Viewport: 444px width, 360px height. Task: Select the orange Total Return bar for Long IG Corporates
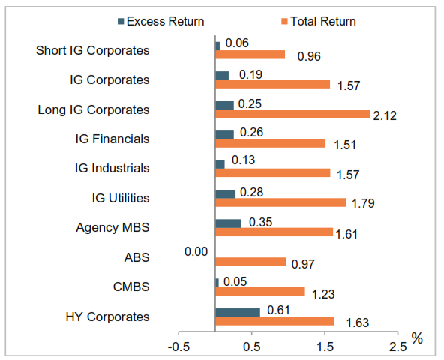click(x=292, y=114)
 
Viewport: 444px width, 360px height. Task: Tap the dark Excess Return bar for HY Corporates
click(x=237, y=312)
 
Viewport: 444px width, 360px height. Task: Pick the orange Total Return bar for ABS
click(x=250, y=262)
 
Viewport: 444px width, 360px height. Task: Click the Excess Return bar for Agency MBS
click(x=228, y=223)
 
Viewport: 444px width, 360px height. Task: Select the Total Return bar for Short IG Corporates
click(x=250, y=55)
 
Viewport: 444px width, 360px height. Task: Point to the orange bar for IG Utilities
click(x=280, y=202)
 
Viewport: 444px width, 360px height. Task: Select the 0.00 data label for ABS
click(x=196, y=253)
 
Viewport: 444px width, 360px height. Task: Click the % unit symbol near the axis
click(x=417, y=339)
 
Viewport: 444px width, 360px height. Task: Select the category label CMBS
click(x=132, y=287)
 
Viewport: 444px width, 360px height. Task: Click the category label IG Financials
click(x=112, y=139)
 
